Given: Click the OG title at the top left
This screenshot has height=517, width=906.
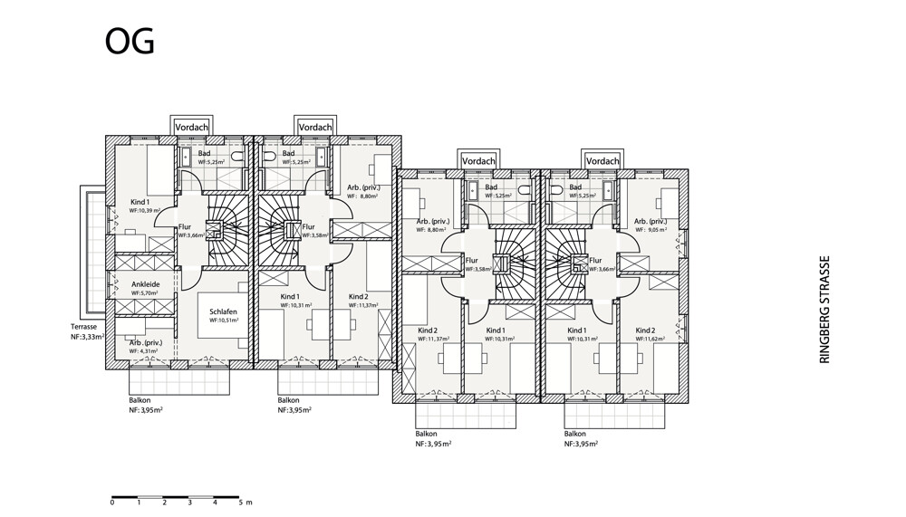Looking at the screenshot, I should click(130, 41).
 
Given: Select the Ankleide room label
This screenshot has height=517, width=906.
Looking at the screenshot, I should click(146, 283).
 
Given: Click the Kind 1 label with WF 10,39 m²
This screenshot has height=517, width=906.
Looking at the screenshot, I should click(140, 201).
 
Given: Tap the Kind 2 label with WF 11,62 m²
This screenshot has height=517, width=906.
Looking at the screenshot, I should click(645, 330).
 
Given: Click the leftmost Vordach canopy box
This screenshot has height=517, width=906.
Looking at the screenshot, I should click(190, 128).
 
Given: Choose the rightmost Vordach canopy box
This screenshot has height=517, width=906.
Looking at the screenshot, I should click(602, 161).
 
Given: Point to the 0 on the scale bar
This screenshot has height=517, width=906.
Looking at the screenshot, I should click(112, 502).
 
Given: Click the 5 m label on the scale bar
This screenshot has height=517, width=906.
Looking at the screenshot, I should click(245, 502).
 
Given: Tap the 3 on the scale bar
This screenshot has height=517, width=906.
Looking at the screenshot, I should click(189, 502).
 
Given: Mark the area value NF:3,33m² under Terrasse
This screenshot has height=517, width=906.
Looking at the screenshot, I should click(90, 336).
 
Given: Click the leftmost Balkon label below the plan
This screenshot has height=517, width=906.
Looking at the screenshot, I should click(140, 399).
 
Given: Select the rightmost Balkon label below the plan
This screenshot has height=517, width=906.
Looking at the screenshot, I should click(574, 434).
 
